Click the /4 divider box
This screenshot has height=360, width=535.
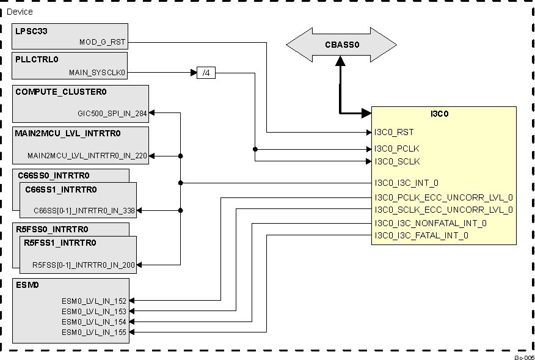pos(206,73)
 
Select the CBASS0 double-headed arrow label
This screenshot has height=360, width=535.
pos(341,44)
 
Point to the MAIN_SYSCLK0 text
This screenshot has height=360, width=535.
pos(97,73)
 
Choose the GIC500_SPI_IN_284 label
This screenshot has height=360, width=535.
pos(112,113)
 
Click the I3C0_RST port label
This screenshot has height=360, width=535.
pos(395,132)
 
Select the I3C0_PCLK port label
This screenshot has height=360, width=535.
pos(397,149)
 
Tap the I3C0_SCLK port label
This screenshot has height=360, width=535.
pos(397,161)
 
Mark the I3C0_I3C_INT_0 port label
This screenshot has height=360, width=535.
pos(406,183)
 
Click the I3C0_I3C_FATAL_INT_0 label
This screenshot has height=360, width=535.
pos(421,235)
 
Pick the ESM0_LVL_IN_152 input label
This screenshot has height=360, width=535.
pos(94,301)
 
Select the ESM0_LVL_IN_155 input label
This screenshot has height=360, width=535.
pos(94,332)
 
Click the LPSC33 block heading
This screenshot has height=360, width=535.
pos(31,30)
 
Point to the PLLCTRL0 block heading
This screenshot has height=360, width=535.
pos(37,59)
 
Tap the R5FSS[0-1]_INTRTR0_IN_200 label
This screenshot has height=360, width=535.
pos(84,265)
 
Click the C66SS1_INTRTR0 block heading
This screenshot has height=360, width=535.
pos(60,189)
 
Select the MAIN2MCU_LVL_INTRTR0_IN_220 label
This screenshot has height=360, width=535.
pos(87,156)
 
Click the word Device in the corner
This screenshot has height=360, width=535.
pos(20,12)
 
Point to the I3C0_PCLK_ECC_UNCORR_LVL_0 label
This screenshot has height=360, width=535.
pos(443,197)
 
